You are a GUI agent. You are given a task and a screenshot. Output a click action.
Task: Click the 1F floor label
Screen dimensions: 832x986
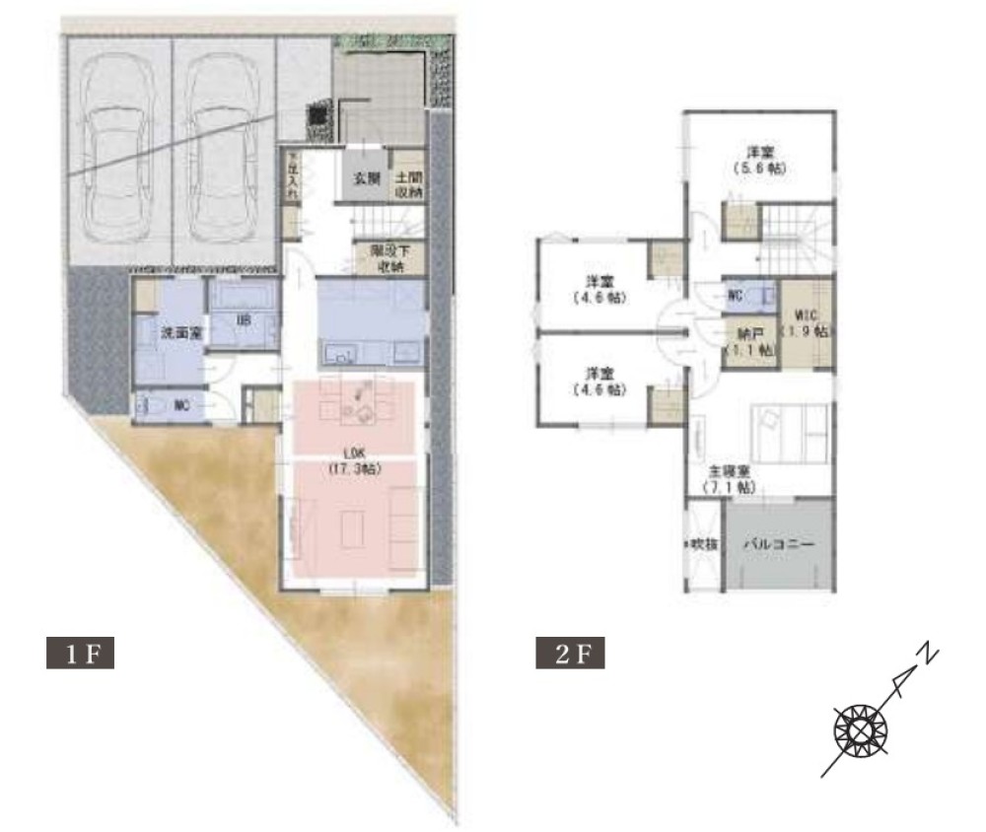81,654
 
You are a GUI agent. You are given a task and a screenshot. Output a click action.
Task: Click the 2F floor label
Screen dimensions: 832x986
571,654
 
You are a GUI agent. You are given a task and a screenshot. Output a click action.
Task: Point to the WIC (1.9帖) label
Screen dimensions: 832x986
807,322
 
